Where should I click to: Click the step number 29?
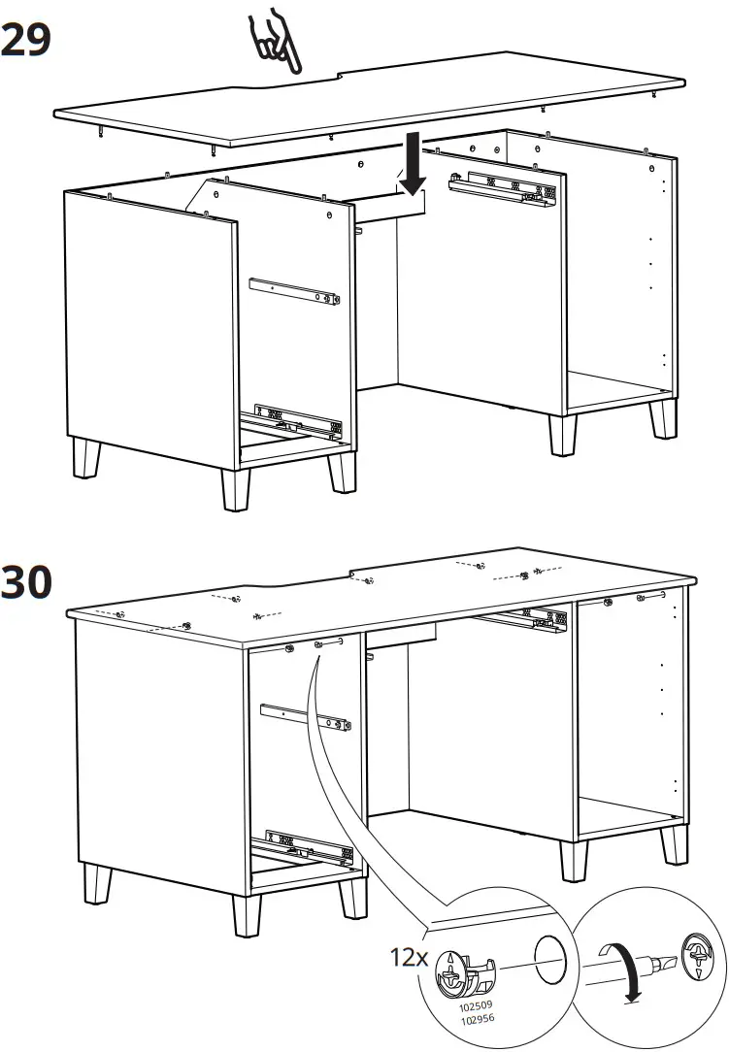click(x=26, y=40)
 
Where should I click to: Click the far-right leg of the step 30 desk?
click(x=674, y=843)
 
